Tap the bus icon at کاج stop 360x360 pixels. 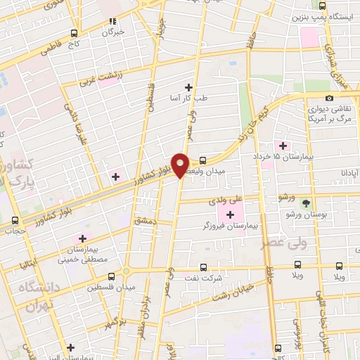click(75, 33)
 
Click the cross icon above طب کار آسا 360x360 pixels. click(188, 87)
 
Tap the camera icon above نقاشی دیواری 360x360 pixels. click(329, 98)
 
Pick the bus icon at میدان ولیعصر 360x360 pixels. click(202, 160)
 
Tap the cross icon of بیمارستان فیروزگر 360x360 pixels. click(230, 214)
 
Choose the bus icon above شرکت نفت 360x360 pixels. click(203, 267)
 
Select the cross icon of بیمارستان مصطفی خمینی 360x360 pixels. click(83, 239)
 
